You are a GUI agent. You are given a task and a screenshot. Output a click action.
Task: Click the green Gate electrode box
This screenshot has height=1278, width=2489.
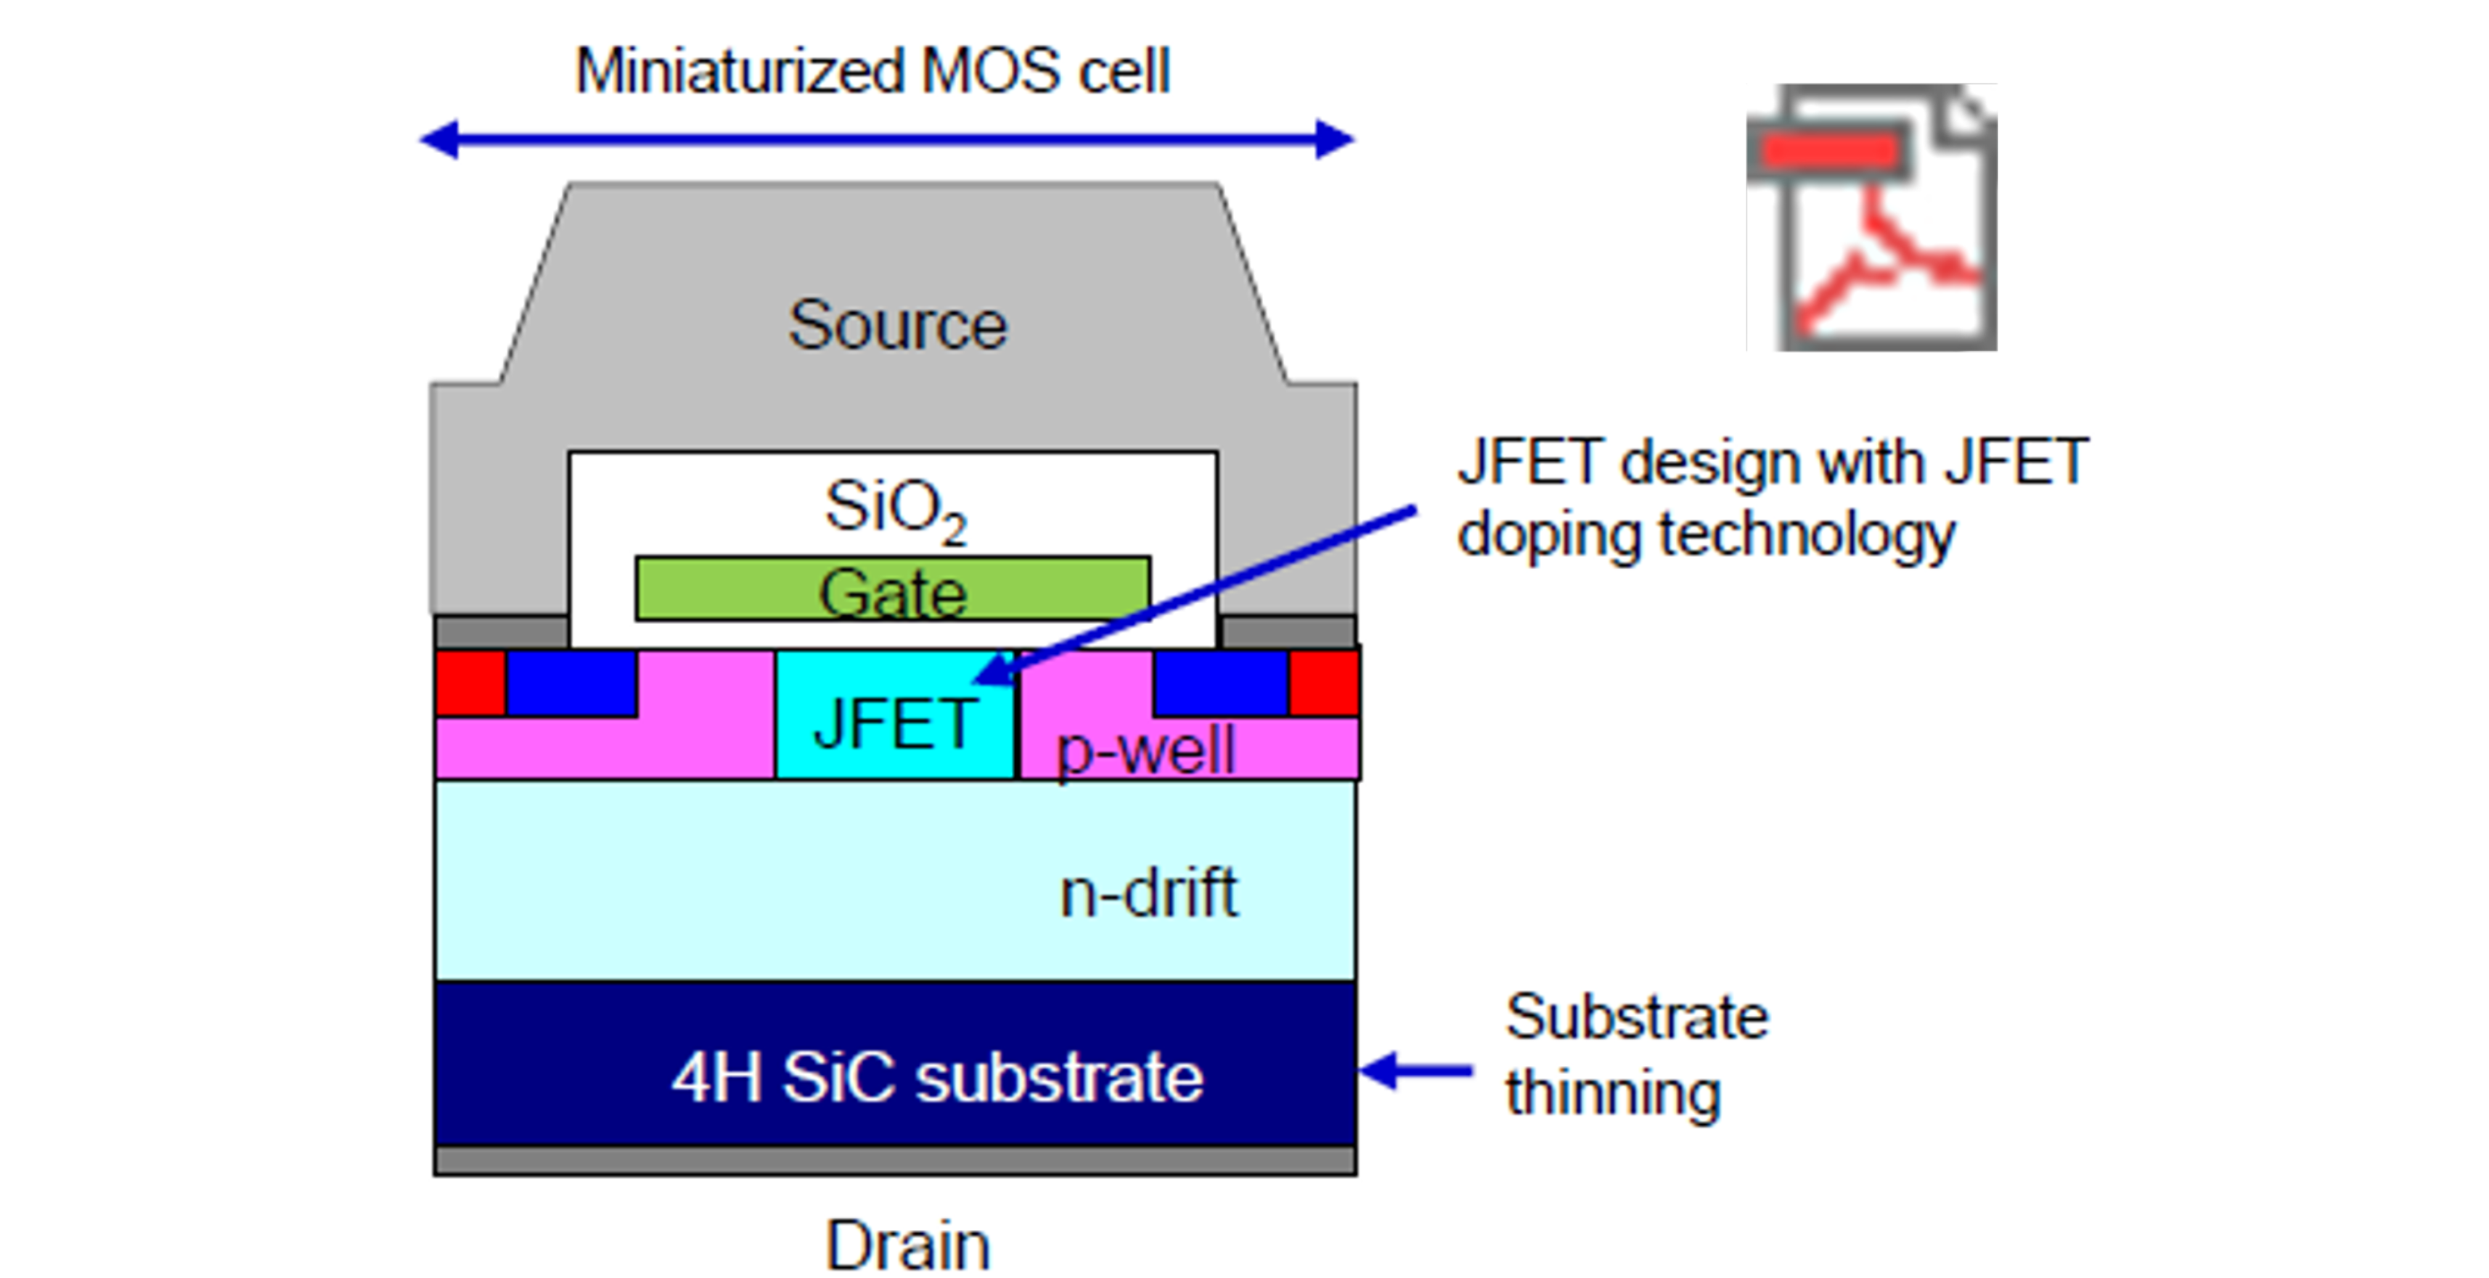pyautogui.click(x=892, y=589)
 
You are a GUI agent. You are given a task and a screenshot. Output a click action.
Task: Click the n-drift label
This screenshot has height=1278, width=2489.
pyautogui.click(x=1148, y=893)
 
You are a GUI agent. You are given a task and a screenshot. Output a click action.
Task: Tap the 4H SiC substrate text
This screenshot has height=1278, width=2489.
pyautogui.click(x=937, y=1077)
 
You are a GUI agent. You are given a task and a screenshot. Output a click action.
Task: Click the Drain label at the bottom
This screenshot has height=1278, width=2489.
pyautogui.click(x=907, y=1245)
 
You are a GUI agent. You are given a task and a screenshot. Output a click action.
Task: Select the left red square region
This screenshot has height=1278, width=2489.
pyautogui.click(x=470, y=682)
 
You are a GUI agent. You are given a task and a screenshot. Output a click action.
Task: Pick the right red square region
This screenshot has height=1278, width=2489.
pyautogui.click(x=1324, y=682)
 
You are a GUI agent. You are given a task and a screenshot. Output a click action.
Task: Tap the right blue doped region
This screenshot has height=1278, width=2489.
pyautogui.click(x=1220, y=682)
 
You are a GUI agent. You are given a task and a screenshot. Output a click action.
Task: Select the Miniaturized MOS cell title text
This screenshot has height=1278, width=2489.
pyautogui.click(x=872, y=71)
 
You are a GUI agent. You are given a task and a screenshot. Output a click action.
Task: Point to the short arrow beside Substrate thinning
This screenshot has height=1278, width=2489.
pyautogui.click(x=1415, y=1070)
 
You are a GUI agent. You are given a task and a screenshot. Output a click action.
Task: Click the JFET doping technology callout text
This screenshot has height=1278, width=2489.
pyautogui.click(x=1771, y=497)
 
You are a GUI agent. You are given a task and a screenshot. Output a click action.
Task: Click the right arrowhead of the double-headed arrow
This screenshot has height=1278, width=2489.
pyautogui.click(x=1336, y=140)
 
